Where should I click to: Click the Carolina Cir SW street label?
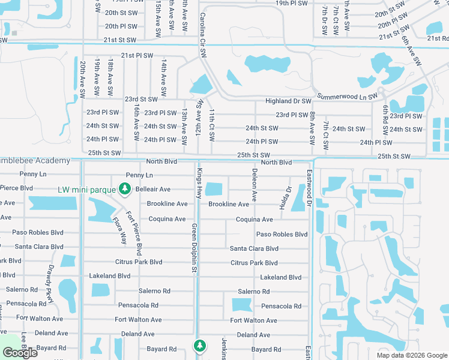pos(203,35)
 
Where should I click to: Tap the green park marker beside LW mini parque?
pos(125,190)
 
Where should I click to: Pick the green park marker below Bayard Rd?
pos(199,346)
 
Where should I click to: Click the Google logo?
pos(20,353)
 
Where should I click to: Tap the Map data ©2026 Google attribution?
pos(411,355)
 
